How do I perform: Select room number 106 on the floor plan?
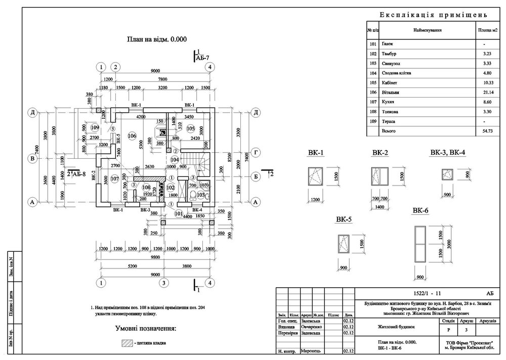[x=133, y=136]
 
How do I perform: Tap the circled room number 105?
[x=190, y=128]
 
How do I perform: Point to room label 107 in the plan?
[x=114, y=178]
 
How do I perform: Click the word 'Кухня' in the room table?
[x=389, y=102]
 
